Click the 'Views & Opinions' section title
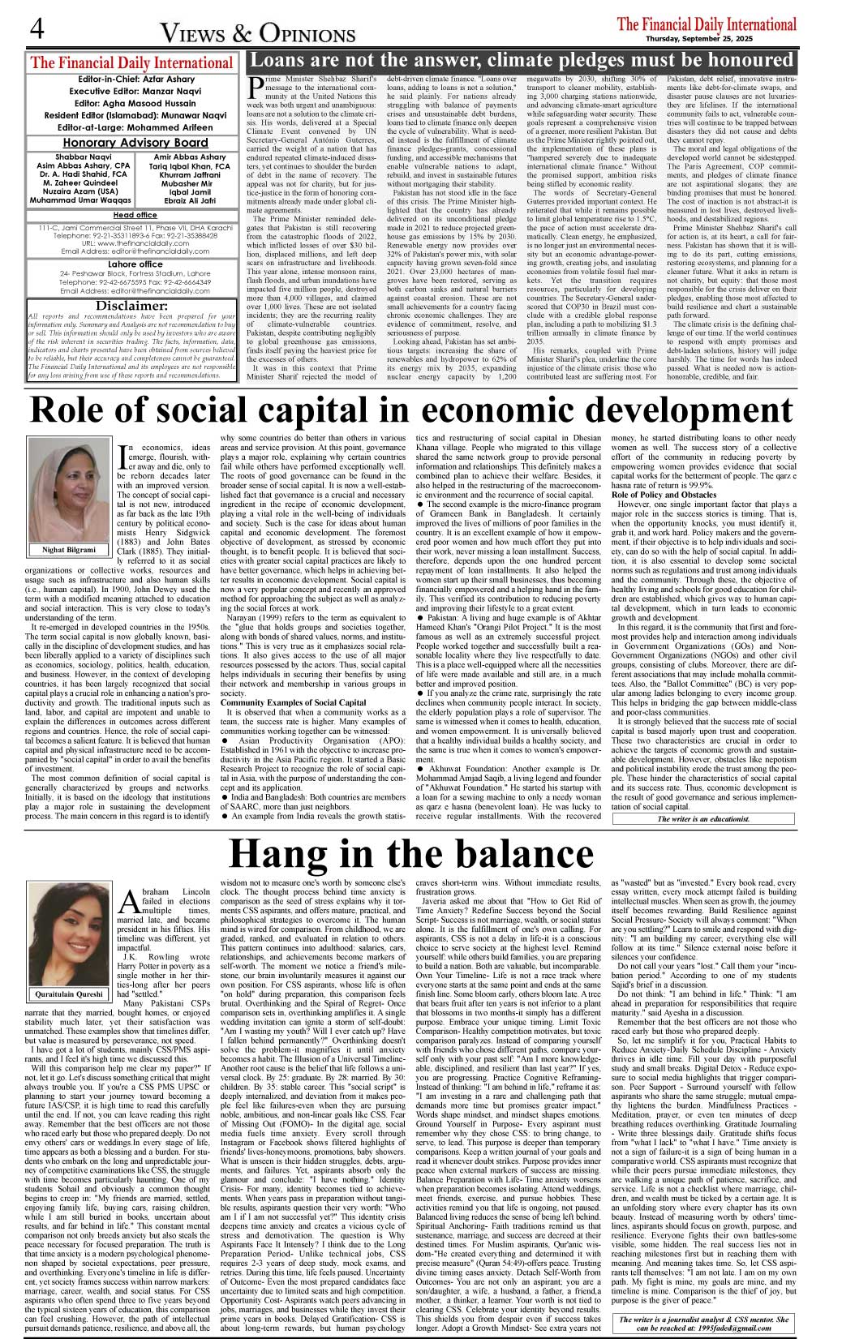point(257,33)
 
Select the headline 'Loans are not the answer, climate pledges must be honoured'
point(521,60)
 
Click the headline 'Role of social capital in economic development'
point(411,411)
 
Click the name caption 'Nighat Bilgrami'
point(69,550)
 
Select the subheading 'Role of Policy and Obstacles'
point(664,495)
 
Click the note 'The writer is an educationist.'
point(703,819)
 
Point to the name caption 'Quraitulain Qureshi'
point(69,994)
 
